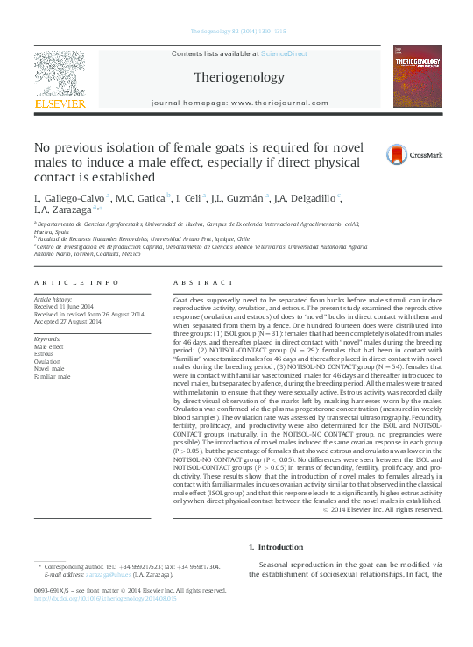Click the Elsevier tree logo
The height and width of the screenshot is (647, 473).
point(60,77)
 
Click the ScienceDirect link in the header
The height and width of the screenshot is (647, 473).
point(282,54)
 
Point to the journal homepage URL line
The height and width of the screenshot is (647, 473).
point(236,103)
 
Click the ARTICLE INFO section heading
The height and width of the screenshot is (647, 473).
point(76,282)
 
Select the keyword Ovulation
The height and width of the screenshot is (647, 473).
point(47,360)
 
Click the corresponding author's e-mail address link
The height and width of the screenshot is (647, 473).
point(112,574)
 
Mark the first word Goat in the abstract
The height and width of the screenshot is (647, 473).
point(182,300)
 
